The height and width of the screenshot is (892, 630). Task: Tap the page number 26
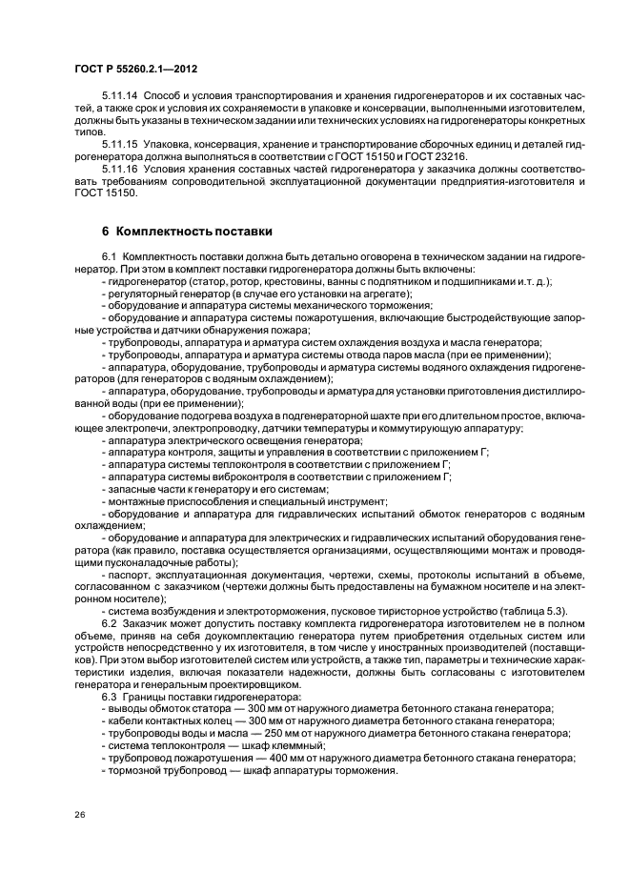(80, 816)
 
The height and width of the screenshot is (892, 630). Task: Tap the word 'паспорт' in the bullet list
(127, 576)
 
